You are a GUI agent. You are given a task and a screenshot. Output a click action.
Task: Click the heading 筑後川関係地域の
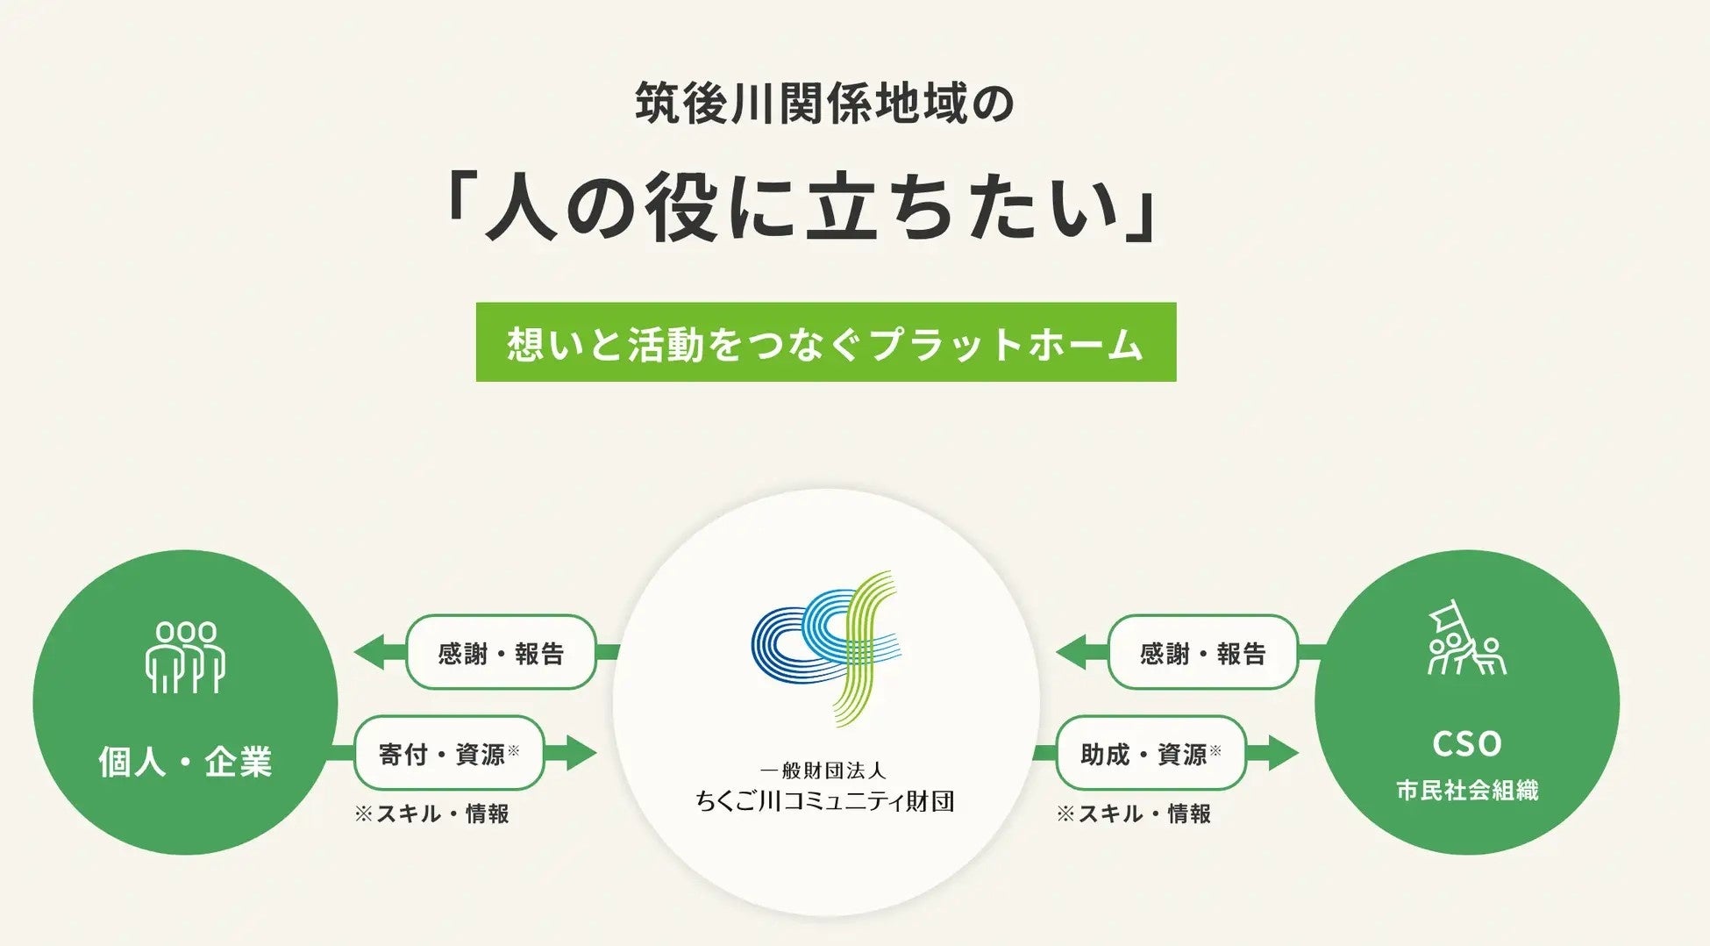(x=824, y=104)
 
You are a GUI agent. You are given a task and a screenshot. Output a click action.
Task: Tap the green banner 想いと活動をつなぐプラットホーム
(x=825, y=342)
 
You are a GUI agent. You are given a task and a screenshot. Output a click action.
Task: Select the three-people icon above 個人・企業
(x=185, y=657)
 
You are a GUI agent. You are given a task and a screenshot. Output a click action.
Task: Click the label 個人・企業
(x=185, y=761)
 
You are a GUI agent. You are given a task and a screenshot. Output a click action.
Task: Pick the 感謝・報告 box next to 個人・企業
(x=501, y=653)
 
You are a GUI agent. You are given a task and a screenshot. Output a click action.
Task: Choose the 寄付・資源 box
(x=449, y=754)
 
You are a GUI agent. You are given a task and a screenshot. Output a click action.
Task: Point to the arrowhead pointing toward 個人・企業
(x=370, y=653)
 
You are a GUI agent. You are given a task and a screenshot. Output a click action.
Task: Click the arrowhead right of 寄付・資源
(x=579, y=753)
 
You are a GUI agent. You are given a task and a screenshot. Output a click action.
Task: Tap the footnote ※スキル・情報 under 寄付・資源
(x=432, y=814)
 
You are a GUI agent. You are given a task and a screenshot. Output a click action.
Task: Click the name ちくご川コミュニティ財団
(x=824, y=801)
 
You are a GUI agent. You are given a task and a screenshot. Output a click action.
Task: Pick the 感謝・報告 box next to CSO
(x=1202, y=653)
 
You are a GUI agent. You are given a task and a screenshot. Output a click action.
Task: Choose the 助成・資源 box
(x=1151, y=754)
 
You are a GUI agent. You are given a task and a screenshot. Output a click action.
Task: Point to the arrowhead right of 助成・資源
(x=1281, y=753)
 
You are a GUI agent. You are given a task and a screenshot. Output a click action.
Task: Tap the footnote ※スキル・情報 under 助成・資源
(x=1134, y=814)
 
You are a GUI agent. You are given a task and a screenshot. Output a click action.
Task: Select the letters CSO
(x=1467, y=744)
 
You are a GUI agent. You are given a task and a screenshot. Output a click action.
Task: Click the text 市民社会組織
(x=1467, y=791)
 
